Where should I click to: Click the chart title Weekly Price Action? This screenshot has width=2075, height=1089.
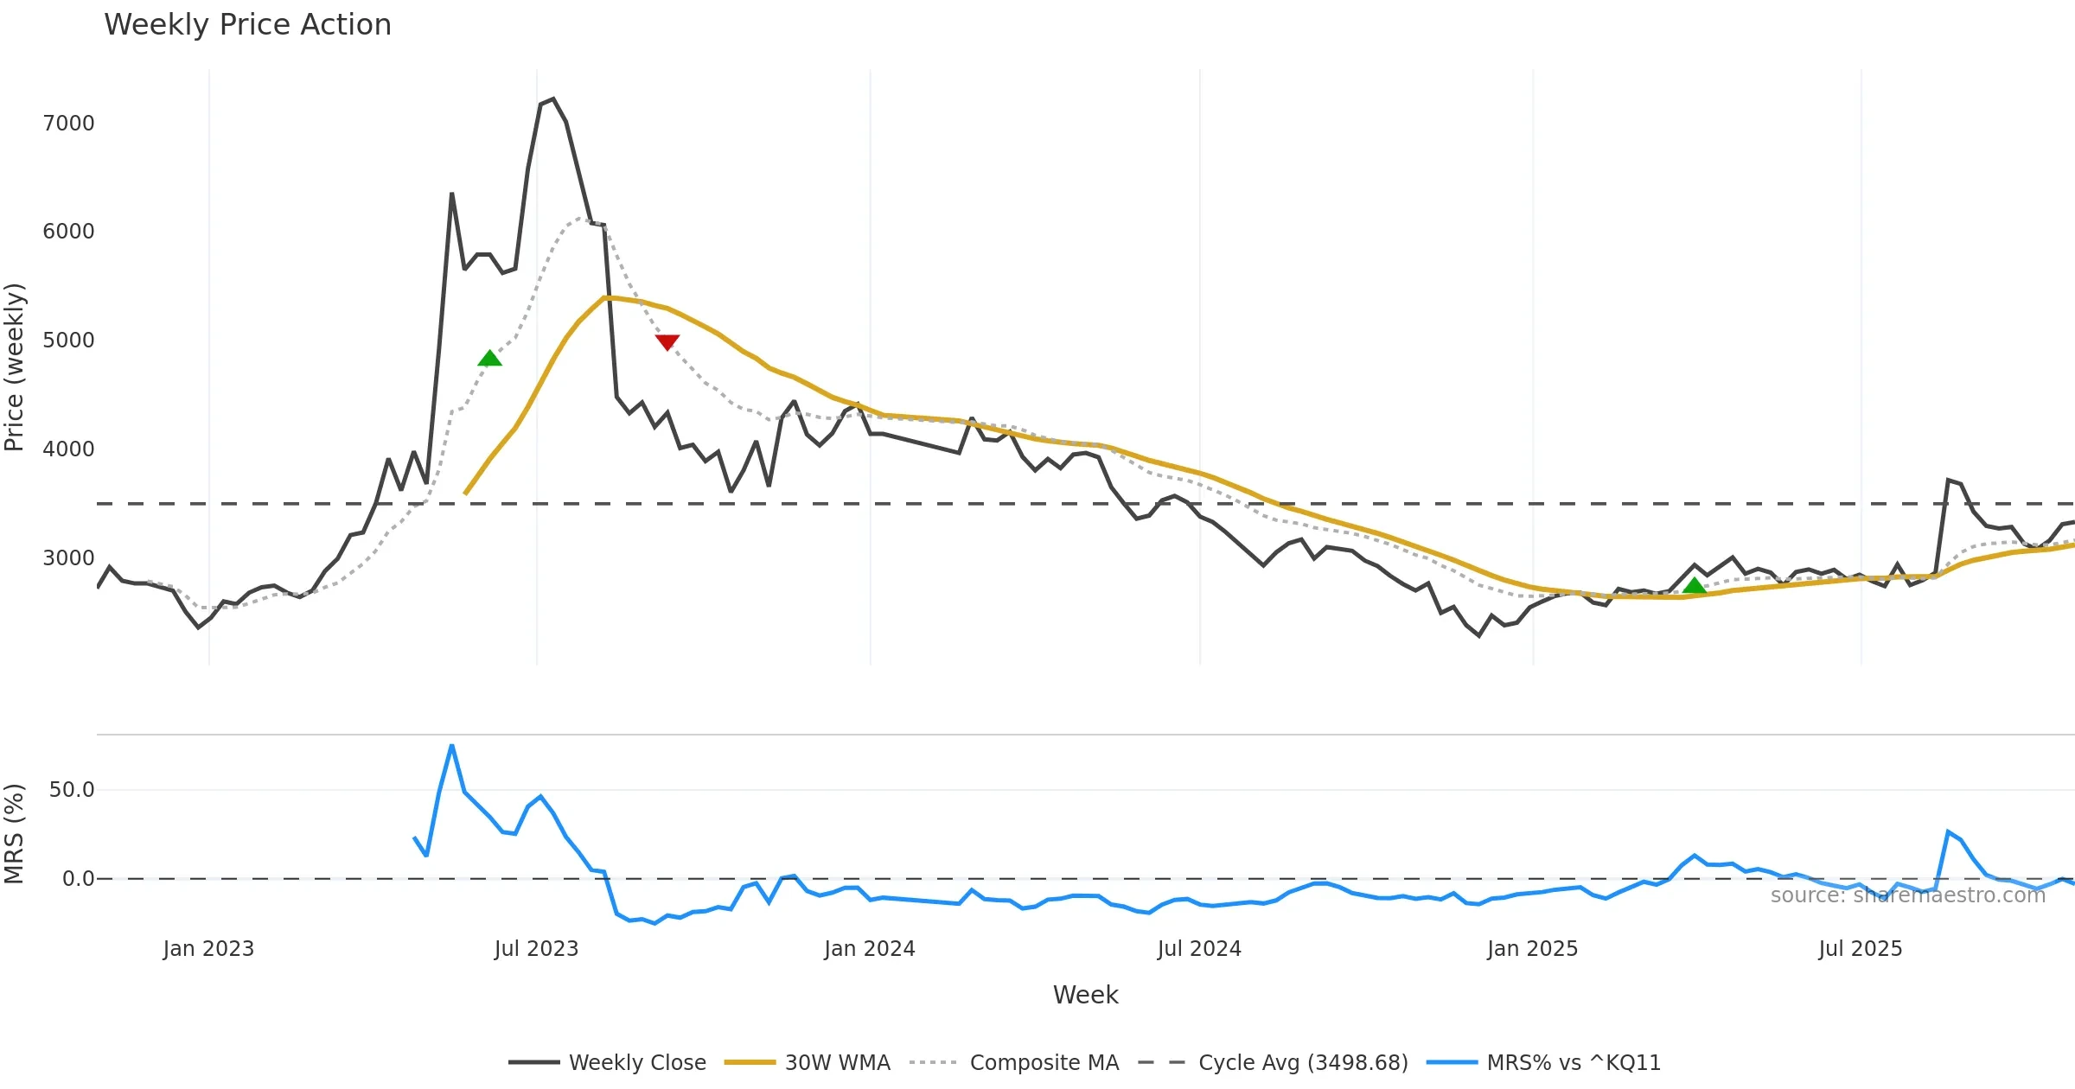(247, 25)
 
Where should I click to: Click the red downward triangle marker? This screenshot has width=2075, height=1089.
(667, 342)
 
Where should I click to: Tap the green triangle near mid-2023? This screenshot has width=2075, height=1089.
(489, 359)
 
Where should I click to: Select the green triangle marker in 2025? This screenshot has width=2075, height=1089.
(1695, 586)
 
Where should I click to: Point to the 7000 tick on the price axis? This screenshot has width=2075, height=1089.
(68, 124)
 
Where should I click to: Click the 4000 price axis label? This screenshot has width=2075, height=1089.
(68, 449)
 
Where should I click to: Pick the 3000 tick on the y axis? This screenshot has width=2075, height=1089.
(68, 558)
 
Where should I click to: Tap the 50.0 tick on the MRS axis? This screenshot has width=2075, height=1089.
(72, 790)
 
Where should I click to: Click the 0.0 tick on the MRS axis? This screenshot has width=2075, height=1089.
(78, 879)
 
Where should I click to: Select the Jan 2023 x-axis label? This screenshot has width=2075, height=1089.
(208, 949)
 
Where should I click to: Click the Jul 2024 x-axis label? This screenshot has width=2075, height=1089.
(1199, 949)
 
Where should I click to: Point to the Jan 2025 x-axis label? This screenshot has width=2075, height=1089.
(1533, 949)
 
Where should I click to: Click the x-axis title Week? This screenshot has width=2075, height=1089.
(1085, 995)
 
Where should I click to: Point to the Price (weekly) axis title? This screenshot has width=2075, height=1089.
(15, 367)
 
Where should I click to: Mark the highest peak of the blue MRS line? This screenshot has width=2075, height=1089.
(451, 745)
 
